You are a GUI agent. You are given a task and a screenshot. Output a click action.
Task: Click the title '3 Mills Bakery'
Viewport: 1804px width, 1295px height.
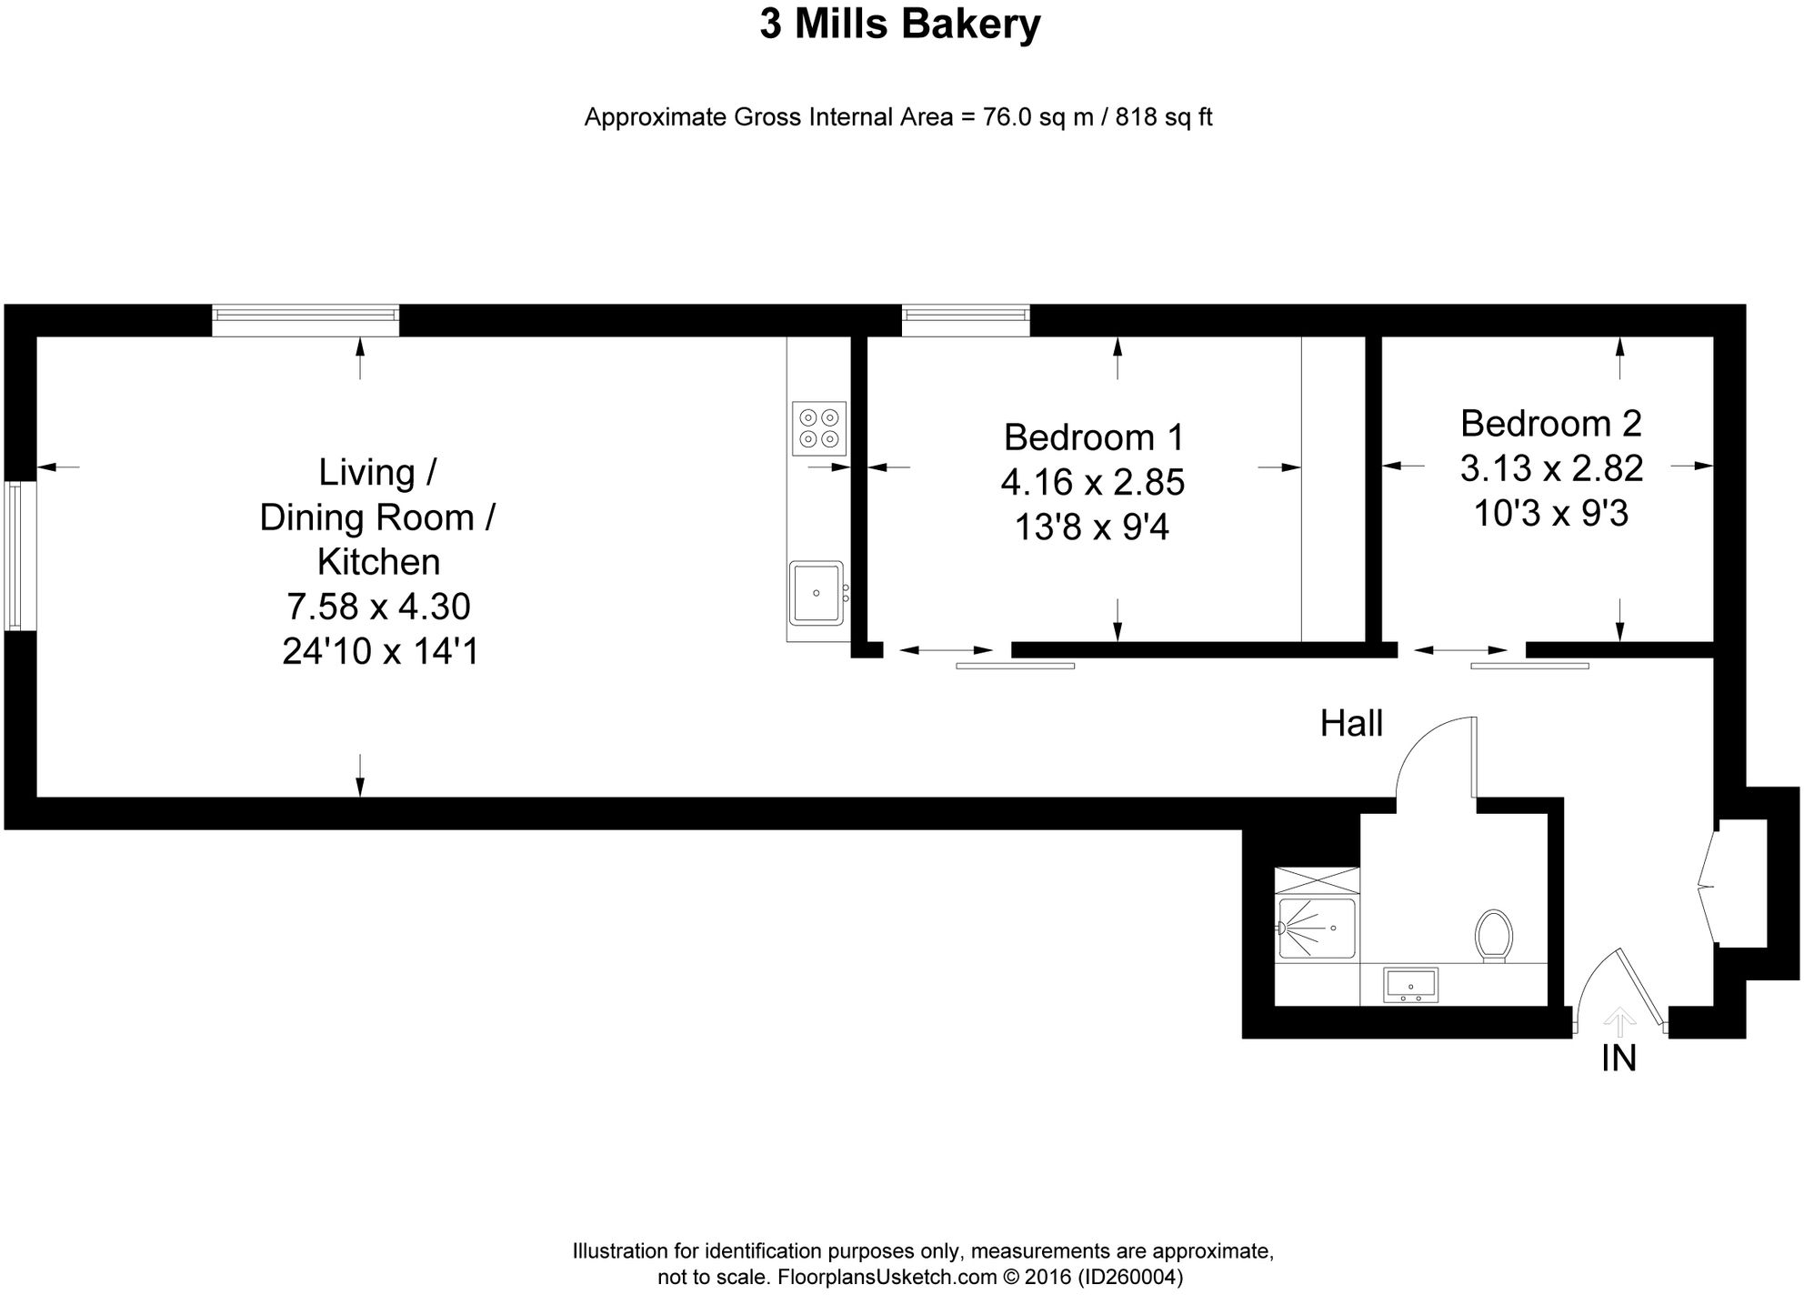(x=900, y=24)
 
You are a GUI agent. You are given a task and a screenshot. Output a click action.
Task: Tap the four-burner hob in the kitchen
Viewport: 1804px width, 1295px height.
(x=818, y=428)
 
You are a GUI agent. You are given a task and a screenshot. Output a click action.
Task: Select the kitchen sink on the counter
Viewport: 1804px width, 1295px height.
(x=816, y=593)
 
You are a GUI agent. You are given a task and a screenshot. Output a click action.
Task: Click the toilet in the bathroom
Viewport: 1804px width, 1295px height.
(x=1494, y=935)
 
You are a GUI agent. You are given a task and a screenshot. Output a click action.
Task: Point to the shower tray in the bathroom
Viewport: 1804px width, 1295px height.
(x=1317, y=928)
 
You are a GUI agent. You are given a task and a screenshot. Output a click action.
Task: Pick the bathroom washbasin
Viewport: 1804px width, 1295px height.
(x=1410, y=985)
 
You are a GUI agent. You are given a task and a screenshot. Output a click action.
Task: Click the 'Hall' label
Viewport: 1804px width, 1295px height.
(x=1351, y=724)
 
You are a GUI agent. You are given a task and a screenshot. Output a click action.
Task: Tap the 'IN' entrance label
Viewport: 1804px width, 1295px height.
(x=1619, y=1058)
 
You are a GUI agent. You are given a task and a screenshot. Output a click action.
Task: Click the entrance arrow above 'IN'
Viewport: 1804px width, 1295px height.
(x=1619, y=1021)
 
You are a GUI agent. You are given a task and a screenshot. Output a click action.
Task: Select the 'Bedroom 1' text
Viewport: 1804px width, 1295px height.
(x=1094, y=437)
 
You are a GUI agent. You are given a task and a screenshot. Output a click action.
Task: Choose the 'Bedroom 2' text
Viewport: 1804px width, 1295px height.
(x=1550, y=424)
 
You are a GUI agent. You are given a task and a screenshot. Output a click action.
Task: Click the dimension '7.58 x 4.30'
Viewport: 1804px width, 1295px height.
(x=378, y=606)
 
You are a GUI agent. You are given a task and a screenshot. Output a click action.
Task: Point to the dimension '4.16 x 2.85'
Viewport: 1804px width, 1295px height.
(x=1093, y=482)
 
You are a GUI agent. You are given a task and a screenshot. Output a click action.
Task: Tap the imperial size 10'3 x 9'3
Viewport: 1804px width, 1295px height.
(x=1550, y=514)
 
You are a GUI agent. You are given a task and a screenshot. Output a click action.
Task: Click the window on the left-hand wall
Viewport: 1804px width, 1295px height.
(x=20, y=556)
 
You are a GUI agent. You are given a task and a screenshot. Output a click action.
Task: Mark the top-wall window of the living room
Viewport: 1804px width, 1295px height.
(x=306, y=320)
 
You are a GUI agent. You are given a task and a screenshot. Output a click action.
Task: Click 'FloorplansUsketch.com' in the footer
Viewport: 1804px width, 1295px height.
(x=887, y=1277)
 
